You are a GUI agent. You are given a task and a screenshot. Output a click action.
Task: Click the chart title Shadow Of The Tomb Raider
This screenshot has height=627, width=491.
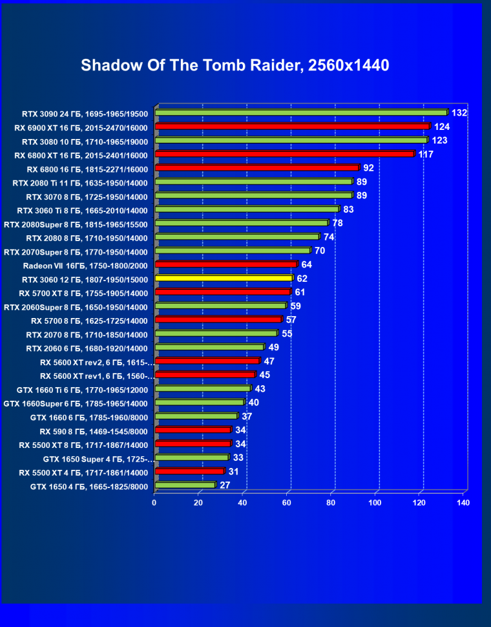coord(235,65)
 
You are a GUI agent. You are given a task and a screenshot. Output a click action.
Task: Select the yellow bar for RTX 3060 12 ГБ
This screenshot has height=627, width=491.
coord(224,279)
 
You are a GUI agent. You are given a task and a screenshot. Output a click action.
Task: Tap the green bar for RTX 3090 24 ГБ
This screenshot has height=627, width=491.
coord(301,112)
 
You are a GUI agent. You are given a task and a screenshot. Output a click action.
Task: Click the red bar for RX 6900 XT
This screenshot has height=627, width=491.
coord(292,127)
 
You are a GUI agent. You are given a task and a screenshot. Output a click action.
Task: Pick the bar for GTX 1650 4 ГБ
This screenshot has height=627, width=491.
coord(185,485)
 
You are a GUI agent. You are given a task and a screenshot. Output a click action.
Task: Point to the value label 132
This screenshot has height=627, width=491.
coord(459,113)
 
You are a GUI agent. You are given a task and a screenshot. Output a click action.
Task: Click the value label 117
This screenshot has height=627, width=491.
coord(425,154)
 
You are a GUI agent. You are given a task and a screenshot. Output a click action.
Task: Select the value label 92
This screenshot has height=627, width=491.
coord(369,168)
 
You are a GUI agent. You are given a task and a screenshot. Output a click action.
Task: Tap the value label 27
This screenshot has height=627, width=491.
coord(225,485)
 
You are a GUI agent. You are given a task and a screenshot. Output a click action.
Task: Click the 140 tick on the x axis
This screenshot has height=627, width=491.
coord(463,502)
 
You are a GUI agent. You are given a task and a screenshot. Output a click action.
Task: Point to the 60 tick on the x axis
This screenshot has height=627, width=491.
coord(287,502)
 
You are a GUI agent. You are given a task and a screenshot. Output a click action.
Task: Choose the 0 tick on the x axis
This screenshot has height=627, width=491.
coord(154,502)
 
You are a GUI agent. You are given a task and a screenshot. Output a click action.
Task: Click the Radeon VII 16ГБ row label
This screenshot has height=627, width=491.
coord(85,266)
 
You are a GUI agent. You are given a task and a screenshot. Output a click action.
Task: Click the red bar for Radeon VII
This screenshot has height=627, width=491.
coord(225,264)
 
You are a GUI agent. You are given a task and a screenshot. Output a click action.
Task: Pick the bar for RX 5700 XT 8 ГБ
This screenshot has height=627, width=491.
coord(223,292)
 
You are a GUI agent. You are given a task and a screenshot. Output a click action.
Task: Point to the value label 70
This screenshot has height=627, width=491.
coord(320,251)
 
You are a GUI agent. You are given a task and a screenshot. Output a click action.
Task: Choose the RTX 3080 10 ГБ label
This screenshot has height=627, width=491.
coord(85,142)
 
